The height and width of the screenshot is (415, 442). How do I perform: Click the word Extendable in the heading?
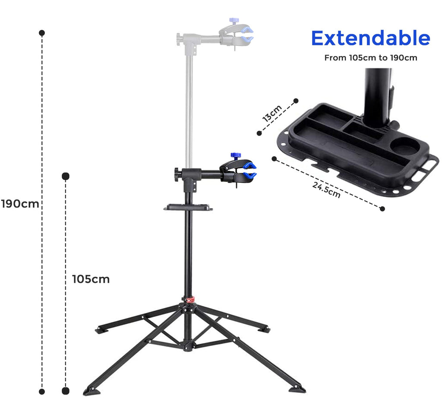[x=370, y=38]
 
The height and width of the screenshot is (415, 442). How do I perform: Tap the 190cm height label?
[x=20, y=204]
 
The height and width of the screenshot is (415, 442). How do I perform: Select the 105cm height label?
[x=91, y=279]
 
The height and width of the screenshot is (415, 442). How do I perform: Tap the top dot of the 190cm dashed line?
[x=42, y=33]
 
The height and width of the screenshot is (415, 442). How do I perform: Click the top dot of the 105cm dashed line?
[x=66, y=176]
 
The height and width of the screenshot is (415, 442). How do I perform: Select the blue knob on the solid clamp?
[x=235, y=155]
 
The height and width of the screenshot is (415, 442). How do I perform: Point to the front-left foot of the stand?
[x=92, y=391]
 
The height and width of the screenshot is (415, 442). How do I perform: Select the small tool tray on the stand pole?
[x=188, y=208]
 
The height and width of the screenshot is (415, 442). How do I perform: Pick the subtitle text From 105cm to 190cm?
[x=370, y=57]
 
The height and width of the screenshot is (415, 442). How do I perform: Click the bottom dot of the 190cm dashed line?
[x=42, y=392]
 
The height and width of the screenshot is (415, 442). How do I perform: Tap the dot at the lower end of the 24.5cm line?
[x=382, y=209]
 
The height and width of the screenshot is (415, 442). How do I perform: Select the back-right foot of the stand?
[x=263, y=329]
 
